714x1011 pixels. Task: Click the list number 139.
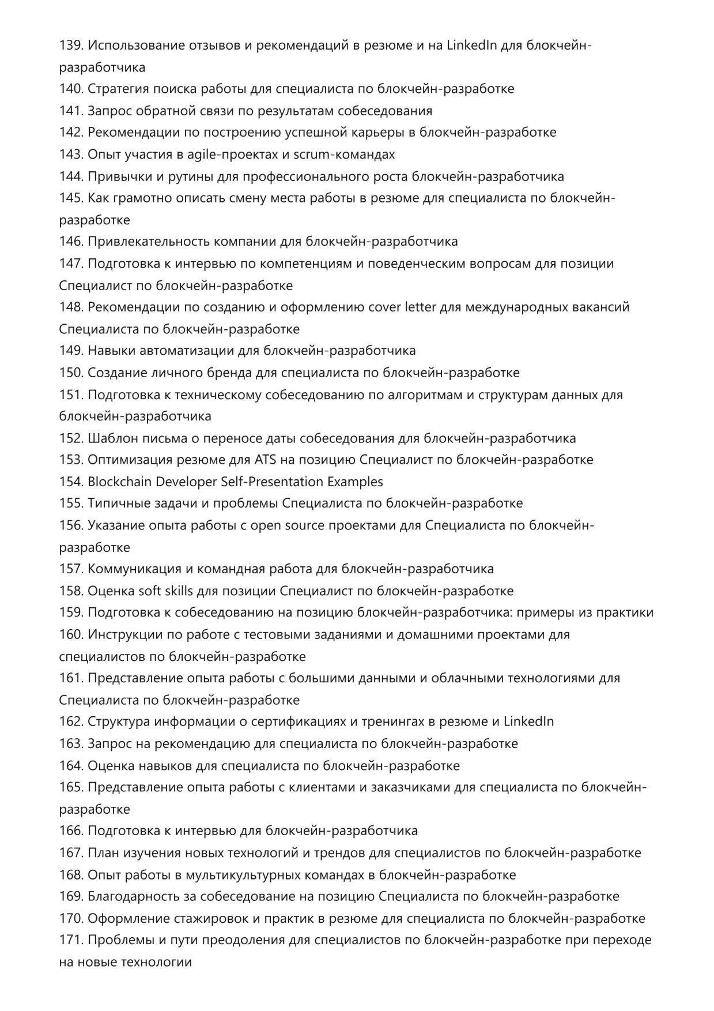point(71,45)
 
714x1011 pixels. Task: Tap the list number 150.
point(71,373)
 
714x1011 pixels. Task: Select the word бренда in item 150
point(232,373)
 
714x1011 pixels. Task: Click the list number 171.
point(71,940)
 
